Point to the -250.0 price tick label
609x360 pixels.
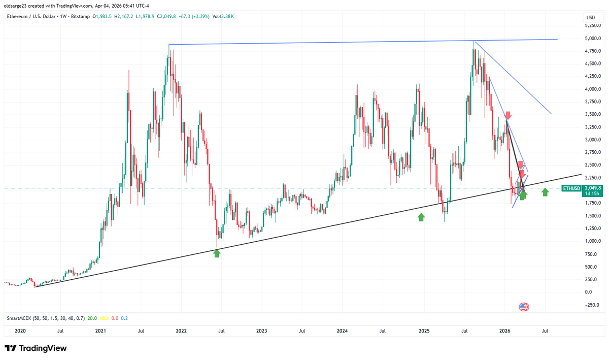pyautogui.click(x=592, y=305)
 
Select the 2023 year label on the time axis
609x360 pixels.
pyautogui.click(x=261, y=331)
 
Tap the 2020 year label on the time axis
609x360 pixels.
pyautogui.click(x=20, y=331)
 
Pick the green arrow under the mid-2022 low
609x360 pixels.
pyautogui.click(x=217, y=253)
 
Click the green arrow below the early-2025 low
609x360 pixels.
pyautogui.click(x=421, y=217)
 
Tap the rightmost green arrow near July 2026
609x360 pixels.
pyautogui.click(x=545, y=192)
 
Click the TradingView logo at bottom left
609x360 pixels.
pyautogui.click(x=36, y=349)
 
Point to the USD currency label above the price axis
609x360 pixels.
pyautogui.click(x=590, y=18)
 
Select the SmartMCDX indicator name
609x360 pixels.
pyautogui.click(x=20, y=318)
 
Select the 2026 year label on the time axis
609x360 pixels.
pyautogui.click(x=503, y=331)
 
